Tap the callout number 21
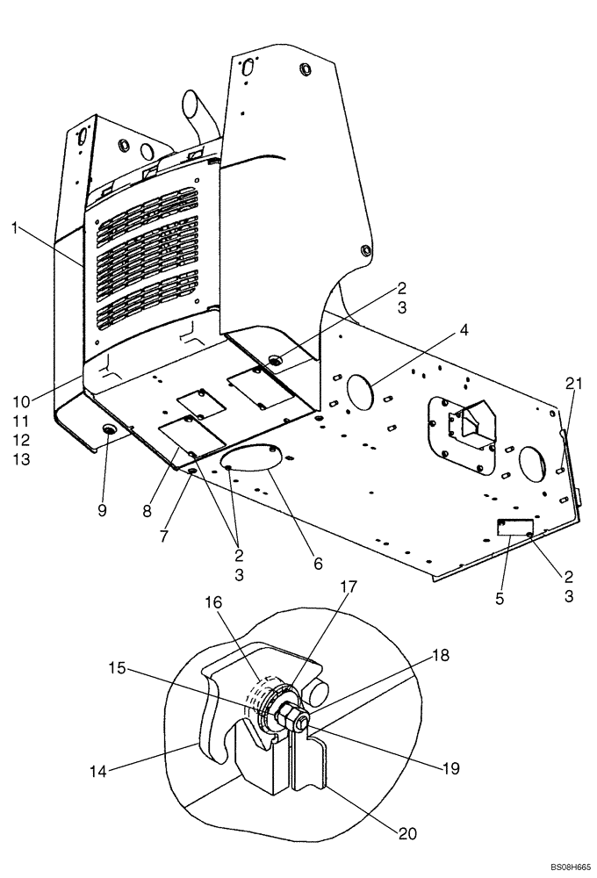[574, 383]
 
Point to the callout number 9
[103, 511]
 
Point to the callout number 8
[147, 508]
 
